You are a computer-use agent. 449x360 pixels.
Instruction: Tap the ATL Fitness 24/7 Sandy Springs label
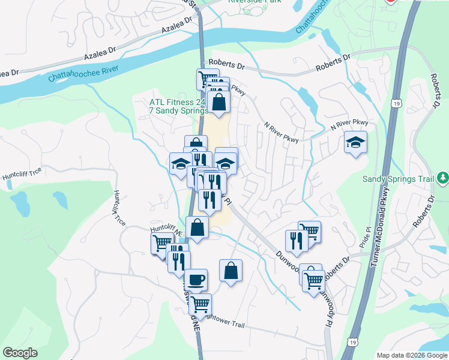(x=178, y=106)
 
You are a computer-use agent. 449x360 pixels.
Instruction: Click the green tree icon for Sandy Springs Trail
(x=442, y=178)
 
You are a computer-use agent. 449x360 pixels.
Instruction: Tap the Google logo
(x=20, y=353)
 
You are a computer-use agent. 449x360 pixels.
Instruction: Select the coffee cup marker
(x=196, y=280)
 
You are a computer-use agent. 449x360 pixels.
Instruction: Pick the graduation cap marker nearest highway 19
(x=355, y=142)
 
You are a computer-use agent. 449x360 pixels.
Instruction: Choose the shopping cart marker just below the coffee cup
(x=200, y=304)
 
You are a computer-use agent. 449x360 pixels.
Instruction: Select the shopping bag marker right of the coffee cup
(x=231, y=271)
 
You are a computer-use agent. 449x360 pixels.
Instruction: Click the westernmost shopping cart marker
(x=162, y=244)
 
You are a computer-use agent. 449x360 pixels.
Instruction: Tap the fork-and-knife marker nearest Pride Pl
(x=296, y=240)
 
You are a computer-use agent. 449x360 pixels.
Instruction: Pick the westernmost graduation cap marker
(x=180, y=164)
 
